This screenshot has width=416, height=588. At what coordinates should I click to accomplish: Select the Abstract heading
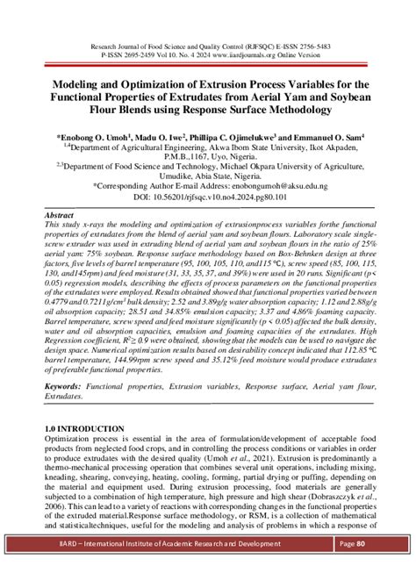(x=60, y=215)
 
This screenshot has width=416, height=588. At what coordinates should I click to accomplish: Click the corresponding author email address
(x=280, y=186)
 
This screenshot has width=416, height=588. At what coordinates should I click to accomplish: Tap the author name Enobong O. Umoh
(x=88, y=139)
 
